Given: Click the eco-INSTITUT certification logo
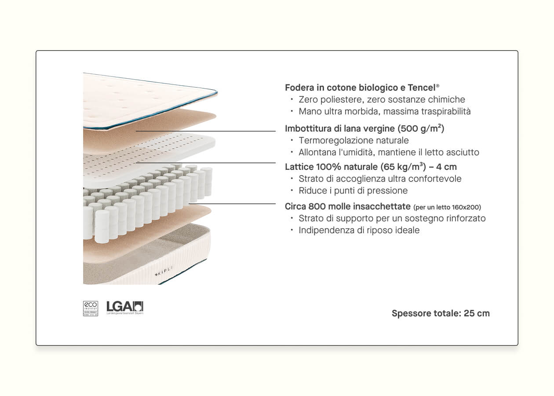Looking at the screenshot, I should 90,308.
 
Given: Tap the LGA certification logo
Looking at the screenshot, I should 125,307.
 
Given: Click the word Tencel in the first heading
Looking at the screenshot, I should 421,87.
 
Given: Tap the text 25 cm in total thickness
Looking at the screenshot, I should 477,313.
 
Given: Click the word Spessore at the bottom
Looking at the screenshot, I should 411,313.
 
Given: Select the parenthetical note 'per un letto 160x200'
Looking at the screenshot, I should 447,207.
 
